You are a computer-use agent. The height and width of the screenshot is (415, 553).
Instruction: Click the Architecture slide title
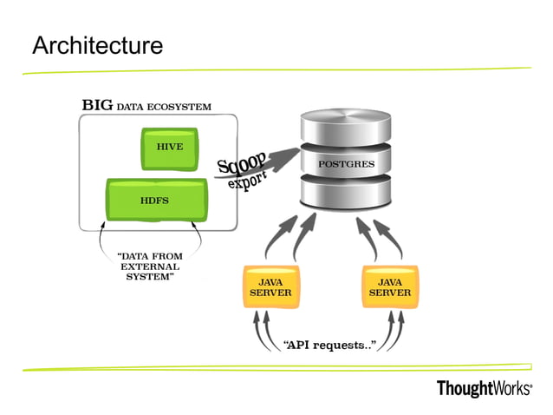[x=97, y=45]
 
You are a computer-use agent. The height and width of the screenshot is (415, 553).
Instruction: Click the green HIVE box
[x=170, y=148]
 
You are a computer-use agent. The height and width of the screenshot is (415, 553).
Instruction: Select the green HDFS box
[x=156, y=200]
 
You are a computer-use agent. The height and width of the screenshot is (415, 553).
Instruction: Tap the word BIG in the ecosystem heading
[x=97, y=106]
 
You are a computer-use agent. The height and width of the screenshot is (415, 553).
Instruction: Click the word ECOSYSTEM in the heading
[x=179, y=107]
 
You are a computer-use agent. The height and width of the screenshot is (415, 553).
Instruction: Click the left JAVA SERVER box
[x=270, y=287]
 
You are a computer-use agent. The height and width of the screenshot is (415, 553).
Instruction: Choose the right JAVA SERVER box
[x=389, y=287]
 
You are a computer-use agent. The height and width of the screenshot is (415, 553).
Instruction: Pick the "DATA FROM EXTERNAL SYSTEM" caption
[x=149, y=267]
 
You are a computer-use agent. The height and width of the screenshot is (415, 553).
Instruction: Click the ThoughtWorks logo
[x=484, y=388]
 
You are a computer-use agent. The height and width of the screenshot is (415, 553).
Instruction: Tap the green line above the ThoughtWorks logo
[x=277, y=366]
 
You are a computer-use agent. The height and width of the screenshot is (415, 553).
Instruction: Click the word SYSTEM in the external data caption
[x=149, y=277]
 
